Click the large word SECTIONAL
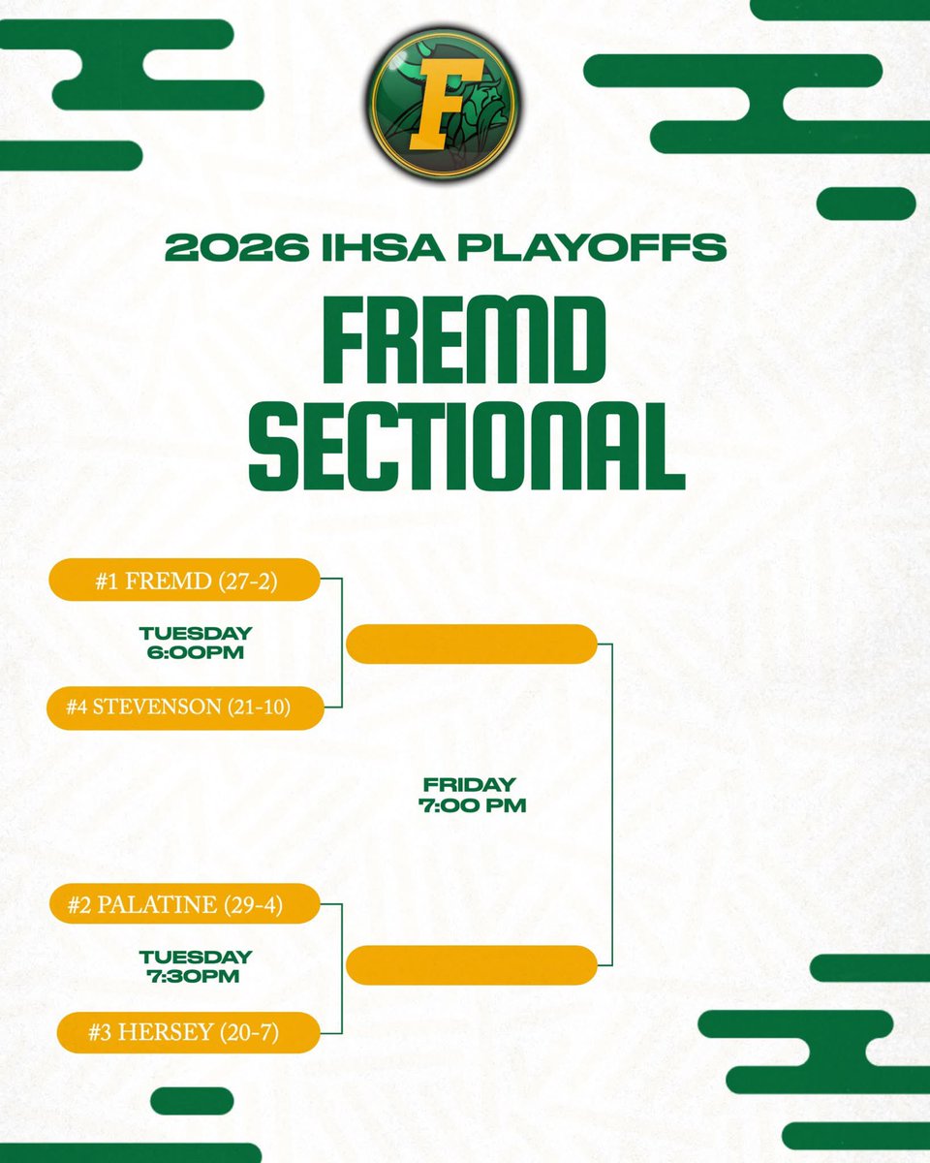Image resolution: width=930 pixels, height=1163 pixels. tap(466, 446)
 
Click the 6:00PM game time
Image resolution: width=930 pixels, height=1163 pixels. tap(195, 653)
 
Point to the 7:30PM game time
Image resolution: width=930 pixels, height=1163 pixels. tap(195, 976)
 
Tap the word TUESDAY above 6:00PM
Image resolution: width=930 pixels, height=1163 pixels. tap(195, 634)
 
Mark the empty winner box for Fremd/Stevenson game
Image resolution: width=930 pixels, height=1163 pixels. tap(471, 644)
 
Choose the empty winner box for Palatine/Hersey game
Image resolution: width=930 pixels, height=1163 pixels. tap(471, 965)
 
